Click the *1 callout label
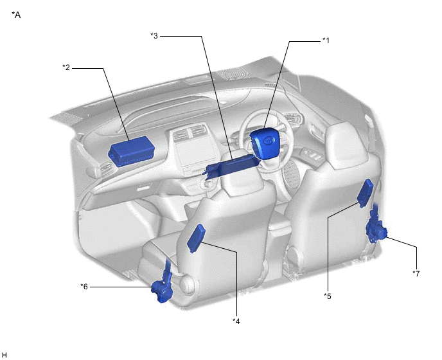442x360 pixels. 326,40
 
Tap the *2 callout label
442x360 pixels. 66,67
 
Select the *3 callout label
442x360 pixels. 154,36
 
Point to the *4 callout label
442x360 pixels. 236,321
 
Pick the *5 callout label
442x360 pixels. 328,296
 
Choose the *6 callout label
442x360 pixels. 84,287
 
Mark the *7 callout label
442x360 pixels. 416,273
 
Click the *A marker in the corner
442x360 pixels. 16,15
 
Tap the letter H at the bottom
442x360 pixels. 4,355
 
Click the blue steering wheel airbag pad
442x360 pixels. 264,142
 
